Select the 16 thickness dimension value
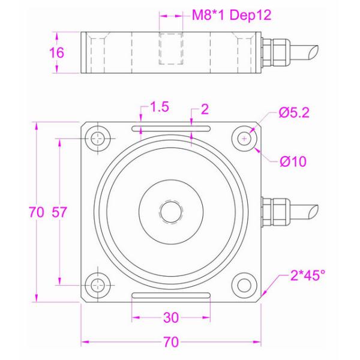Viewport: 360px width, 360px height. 56,53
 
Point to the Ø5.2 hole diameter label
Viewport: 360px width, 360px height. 293,113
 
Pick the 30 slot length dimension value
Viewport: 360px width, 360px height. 171,317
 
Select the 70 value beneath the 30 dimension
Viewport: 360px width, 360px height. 171,343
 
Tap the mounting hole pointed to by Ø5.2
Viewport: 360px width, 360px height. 244,139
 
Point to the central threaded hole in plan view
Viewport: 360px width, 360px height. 171,211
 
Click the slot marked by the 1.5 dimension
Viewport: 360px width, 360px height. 171,128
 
